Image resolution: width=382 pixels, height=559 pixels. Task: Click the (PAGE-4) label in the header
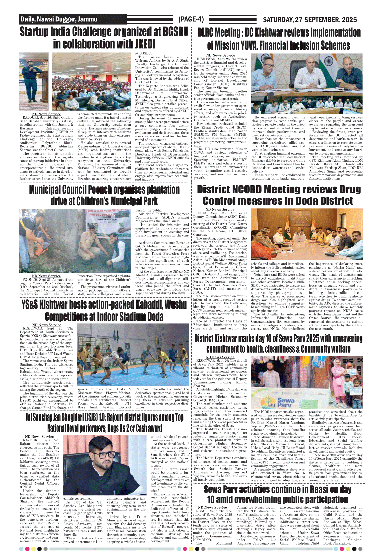point(191,19)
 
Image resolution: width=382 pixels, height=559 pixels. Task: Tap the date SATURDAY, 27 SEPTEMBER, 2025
point(310,20)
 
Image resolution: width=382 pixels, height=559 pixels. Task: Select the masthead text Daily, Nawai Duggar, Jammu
point(59,19)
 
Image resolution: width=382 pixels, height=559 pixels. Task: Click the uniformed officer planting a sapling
point(89,243)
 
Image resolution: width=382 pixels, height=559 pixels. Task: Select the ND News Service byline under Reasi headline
point(212,507)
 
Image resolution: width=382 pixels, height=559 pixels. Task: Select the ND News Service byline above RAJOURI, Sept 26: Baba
point(46,114)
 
